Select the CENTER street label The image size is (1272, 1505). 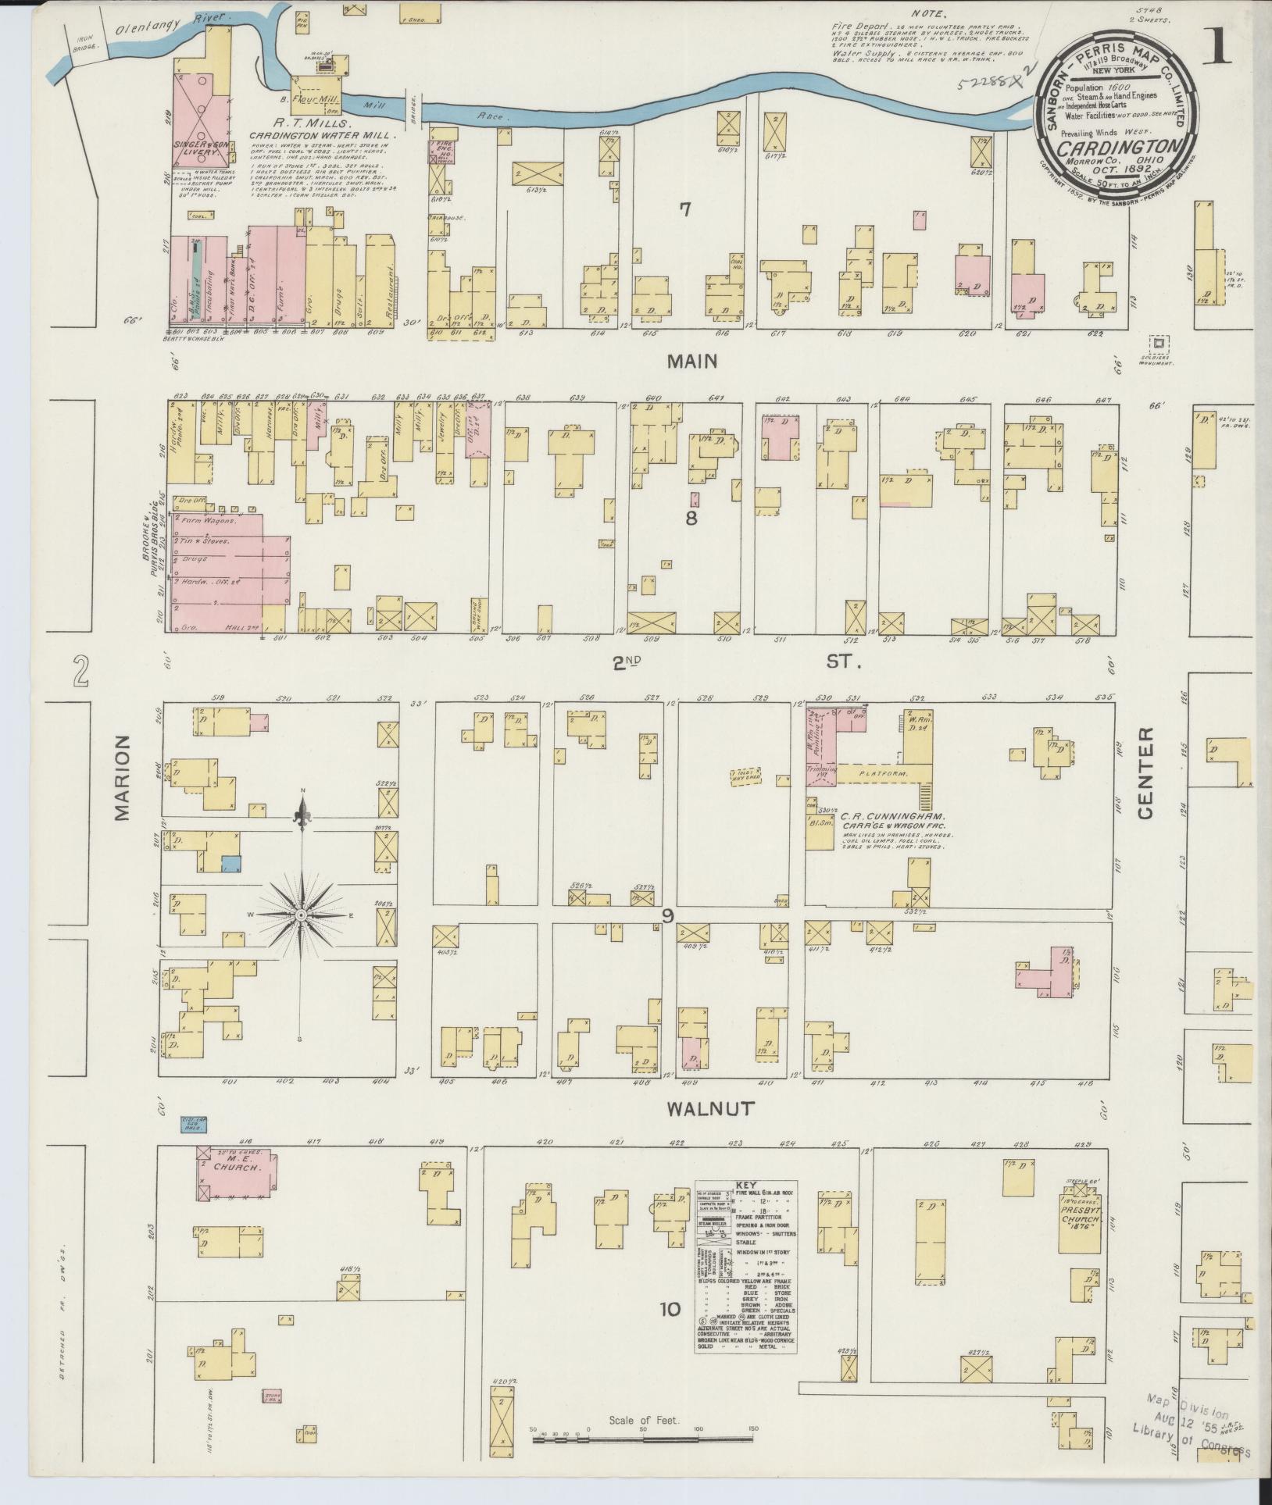point(1145,773)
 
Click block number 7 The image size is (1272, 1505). point(686,209)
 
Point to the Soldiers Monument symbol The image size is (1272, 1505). point(1159,343)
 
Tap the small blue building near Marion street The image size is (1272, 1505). point(230,864)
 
